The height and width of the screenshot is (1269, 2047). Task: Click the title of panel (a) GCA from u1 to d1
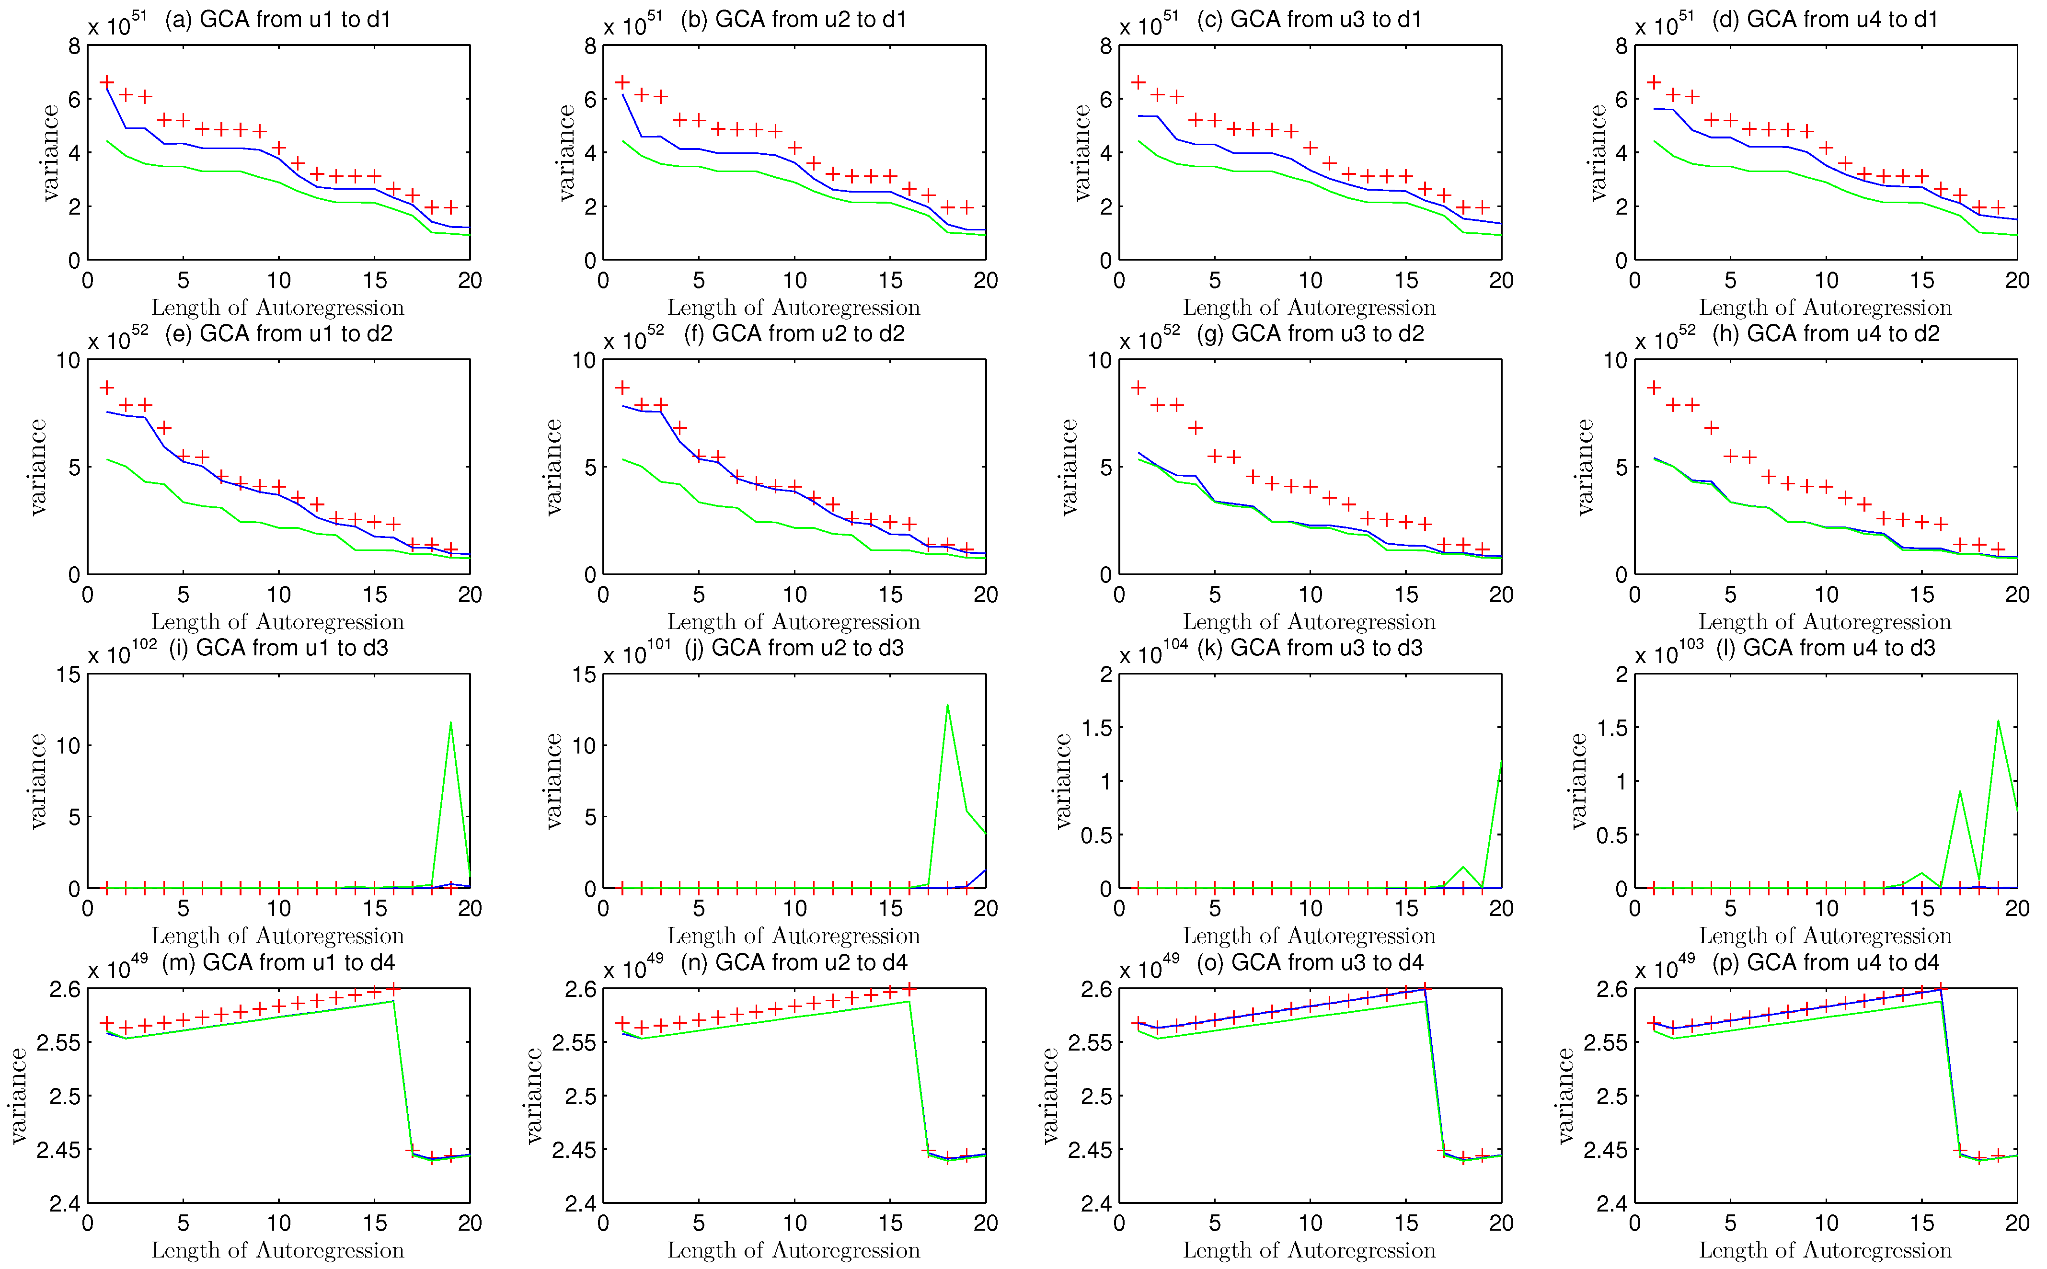[x=278, y=19]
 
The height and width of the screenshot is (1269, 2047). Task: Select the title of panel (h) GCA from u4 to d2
[x=1826, y=334]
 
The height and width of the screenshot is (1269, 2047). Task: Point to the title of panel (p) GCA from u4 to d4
[x=1826, y=963]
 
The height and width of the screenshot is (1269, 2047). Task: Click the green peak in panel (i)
[x=451, y=722]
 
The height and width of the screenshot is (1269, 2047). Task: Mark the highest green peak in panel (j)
[x=947, y=705]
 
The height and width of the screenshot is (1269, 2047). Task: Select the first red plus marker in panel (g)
[x=1138, y=388]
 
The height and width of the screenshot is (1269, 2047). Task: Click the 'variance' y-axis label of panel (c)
[x=1082, y=153]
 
